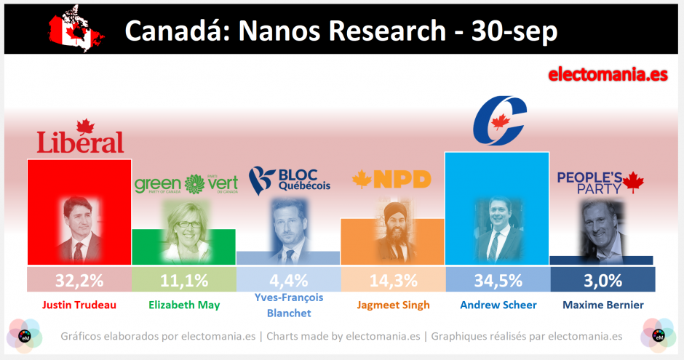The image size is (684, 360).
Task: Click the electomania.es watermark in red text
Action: tap(606, 74)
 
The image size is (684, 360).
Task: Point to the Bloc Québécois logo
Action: tap(289, 179)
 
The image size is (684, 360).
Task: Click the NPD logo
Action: tap(391, 179)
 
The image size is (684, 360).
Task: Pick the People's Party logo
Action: tap(601, 181)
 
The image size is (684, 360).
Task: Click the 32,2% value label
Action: tap(79, 280)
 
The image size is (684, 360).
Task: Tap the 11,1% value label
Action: tap(184, 280)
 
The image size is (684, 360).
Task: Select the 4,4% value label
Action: tap(289, 280)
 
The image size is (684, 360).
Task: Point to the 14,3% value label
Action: tap(393, 280)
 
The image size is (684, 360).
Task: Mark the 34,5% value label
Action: tap(498, 280)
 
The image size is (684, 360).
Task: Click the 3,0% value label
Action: tap(603, 280)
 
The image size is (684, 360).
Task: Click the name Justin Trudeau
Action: tap(79, 305)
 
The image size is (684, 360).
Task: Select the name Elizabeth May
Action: tap(184, 305)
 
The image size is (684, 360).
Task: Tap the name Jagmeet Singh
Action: tap(393, 305)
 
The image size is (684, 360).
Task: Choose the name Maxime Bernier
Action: tap(603, 305)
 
